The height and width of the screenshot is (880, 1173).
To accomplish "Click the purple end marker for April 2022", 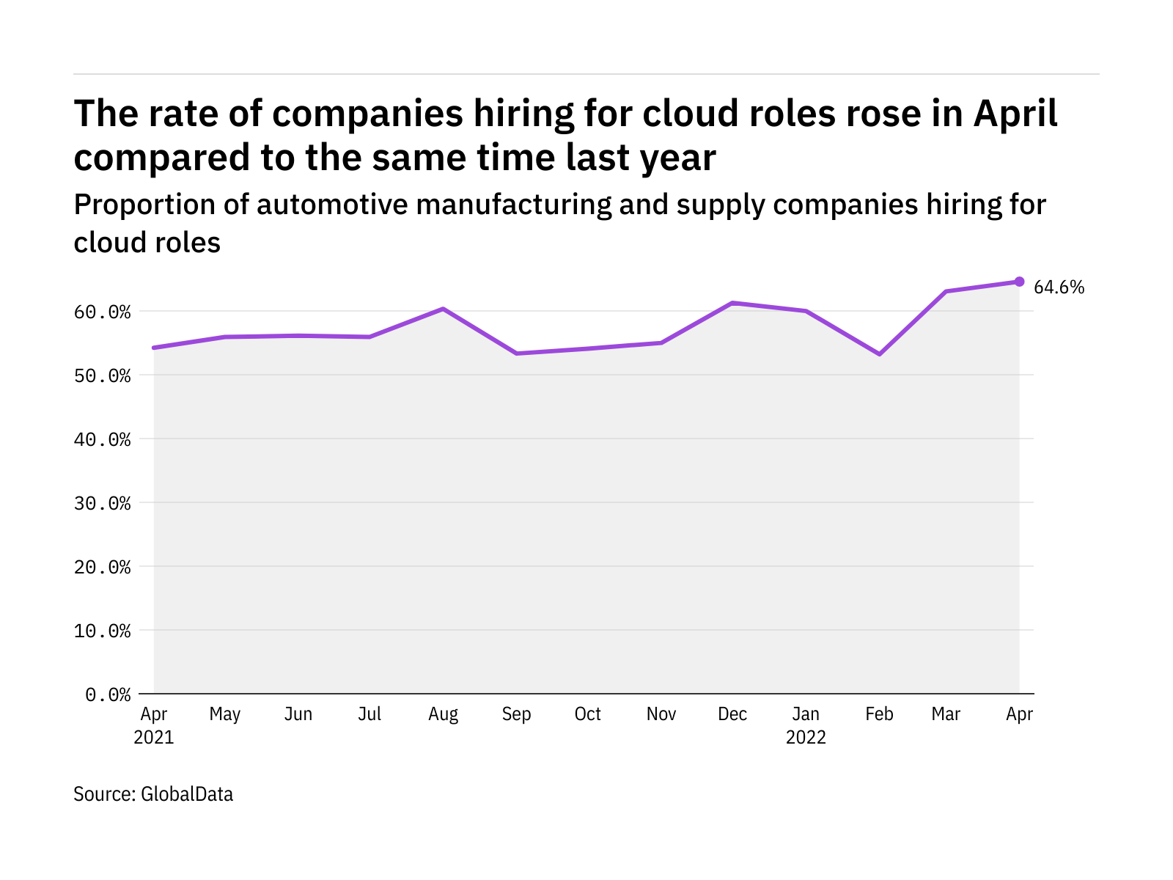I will (1019, 282).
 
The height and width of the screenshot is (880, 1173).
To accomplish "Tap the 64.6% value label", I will (1059, 287).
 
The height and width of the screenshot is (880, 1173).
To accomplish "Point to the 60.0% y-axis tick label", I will (103, 312).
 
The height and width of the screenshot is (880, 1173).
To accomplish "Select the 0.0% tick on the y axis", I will (109, 694).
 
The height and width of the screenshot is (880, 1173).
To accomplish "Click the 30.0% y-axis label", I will (103, 504).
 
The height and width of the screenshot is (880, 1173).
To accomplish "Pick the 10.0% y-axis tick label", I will (103, 631).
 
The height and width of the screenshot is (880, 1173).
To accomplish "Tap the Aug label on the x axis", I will (443, 714).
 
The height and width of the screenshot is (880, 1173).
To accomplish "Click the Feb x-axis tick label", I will (879, 714).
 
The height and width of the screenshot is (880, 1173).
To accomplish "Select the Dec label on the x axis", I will (732, 714).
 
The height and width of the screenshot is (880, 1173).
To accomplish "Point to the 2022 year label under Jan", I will (806, 738).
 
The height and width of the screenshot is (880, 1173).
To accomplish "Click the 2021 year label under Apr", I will (154, 738).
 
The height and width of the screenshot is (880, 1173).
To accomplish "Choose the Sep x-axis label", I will (516, 714).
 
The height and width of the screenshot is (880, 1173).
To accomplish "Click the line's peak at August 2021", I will (443, 309).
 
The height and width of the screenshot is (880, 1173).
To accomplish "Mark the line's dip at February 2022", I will (879, 354).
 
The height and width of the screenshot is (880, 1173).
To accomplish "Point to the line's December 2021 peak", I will (732, 303).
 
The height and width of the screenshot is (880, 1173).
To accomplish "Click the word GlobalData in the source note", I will (187, 794).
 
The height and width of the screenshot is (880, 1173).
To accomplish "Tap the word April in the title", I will (1015, 114).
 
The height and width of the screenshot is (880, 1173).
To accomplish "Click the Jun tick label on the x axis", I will (298, 714).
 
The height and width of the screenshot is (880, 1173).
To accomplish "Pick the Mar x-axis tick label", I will (946, 714).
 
